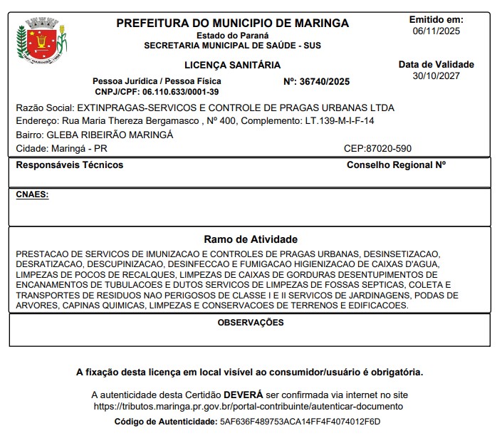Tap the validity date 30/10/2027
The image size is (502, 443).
click(x=436, y=76)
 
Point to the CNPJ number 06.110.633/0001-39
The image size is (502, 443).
click(x=180, y=92)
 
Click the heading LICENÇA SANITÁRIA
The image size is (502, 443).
click(x=232, y=65)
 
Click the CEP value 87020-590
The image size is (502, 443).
click(x=388, y=149)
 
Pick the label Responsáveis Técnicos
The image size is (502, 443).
click(x=70, y=165)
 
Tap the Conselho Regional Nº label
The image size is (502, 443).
click(x=396, y=165)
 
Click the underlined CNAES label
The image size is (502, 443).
click(x=32, y=194)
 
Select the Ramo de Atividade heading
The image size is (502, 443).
click(x=251, y=239)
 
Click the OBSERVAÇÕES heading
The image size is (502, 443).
click(x=251, y=323)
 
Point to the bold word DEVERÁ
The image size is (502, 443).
click(x=244, y=395)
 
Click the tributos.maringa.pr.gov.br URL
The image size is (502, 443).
click(x=249, y=406)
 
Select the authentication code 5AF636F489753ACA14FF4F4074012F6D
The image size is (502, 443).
click(x=300, y=422)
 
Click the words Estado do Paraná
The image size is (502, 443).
click(x=233, y=36)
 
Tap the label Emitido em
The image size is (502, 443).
click(x=436, y=20)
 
